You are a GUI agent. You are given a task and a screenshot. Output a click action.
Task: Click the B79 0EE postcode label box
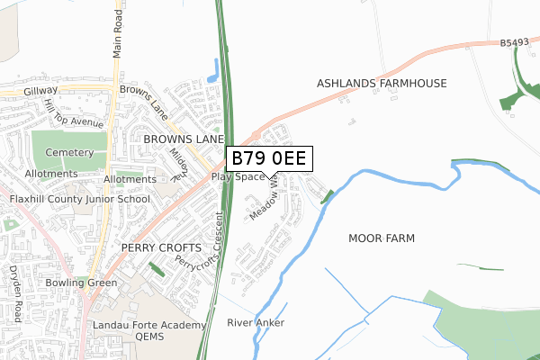(269, 158)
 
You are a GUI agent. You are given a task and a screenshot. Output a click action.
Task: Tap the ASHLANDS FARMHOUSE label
(381, 84)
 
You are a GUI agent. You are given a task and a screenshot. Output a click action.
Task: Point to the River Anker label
(256, 322)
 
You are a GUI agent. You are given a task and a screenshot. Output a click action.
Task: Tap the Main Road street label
(117, 37)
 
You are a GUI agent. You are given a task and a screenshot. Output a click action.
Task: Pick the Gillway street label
(41, 91)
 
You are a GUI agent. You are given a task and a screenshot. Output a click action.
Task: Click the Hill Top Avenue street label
(74, 112)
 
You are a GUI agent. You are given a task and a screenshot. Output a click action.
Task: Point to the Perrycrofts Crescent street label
(200, 245)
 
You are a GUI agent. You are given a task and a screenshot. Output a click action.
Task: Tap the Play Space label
(238, 176)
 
